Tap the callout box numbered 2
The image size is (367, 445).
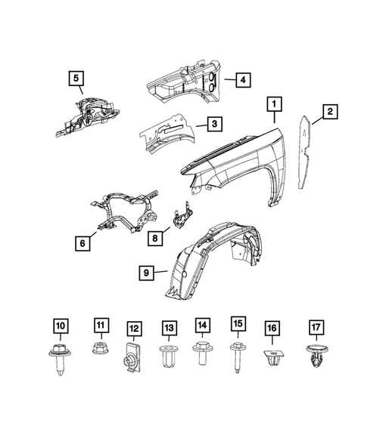pyautogui.click(x=330, y=113)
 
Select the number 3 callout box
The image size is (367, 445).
pyautogui.click(x=216, y=123)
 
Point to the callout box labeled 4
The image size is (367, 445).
pyautogui.click(x=241, y=79)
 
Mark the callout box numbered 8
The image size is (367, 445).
pyautogui.click(x=154, y=238)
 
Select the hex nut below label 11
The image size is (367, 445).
pyautogui.click(x=99, y=350)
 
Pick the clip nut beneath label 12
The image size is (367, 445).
pyautogui.click(x=132, y=359)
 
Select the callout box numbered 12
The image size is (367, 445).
pyautogui.click(x=133, y=329)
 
